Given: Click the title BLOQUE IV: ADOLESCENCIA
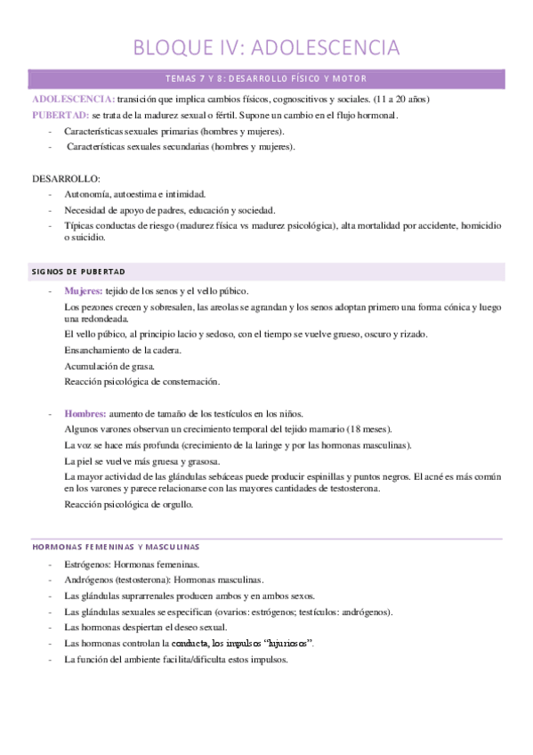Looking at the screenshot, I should coord(266,46).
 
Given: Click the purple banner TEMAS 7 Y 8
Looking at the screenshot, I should coord(266,78).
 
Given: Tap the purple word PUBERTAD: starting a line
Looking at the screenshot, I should coord(60,116).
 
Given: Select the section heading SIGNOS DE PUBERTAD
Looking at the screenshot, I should coord(77,271).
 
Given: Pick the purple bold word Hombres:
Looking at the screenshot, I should coord(85,413).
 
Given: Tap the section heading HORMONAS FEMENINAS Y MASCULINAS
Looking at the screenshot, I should coord(116,546).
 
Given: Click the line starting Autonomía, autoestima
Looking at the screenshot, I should coord(134,193).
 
